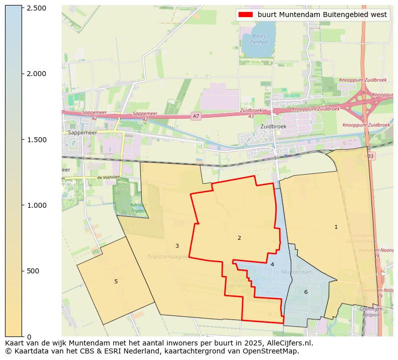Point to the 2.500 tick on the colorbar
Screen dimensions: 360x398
click(23, 9)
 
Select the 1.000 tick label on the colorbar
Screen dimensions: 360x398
click(36, 205)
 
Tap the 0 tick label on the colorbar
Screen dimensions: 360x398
click(29, 336)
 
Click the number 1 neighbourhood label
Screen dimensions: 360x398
click(336, 227)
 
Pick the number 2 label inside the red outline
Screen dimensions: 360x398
click(239, 238)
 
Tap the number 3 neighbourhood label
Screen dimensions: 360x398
click(177, 246)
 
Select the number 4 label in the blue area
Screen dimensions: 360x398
click(272, 264)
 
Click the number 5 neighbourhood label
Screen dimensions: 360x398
click(116, 281)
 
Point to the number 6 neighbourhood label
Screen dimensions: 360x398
click(306, 292)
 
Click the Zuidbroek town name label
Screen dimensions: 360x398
click(273, 127)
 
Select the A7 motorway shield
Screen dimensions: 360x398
click(196, 116)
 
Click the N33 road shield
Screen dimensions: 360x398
click(369, 156)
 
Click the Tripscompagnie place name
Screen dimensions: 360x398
click(168, 257)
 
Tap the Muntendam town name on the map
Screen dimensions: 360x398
click(293, 272)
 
